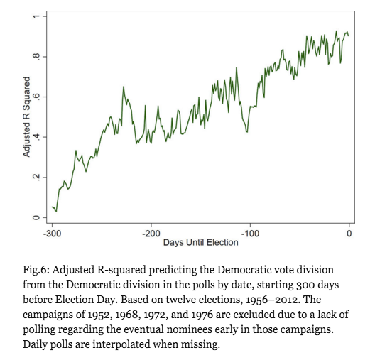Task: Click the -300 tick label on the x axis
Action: [52, 234]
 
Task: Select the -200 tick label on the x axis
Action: [151, 234]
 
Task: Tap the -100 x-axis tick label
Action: [250, 234]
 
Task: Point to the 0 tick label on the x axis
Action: [349, 234]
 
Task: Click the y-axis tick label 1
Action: [36, 16]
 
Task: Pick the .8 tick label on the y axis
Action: [36, 56]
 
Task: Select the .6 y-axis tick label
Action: [36, 97]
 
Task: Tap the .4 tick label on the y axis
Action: [36, 137]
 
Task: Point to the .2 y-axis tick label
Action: [36, 177]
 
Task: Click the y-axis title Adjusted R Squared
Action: [26, 117]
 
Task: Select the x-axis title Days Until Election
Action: [201, 242]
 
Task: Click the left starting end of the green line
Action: [52, 207]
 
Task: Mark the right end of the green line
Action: [349, 36]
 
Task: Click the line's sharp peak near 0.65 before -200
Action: [124, 87]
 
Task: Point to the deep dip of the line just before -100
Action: [247, 132]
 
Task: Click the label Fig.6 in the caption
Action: [36, 270]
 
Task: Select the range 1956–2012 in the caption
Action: [273, 300]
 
